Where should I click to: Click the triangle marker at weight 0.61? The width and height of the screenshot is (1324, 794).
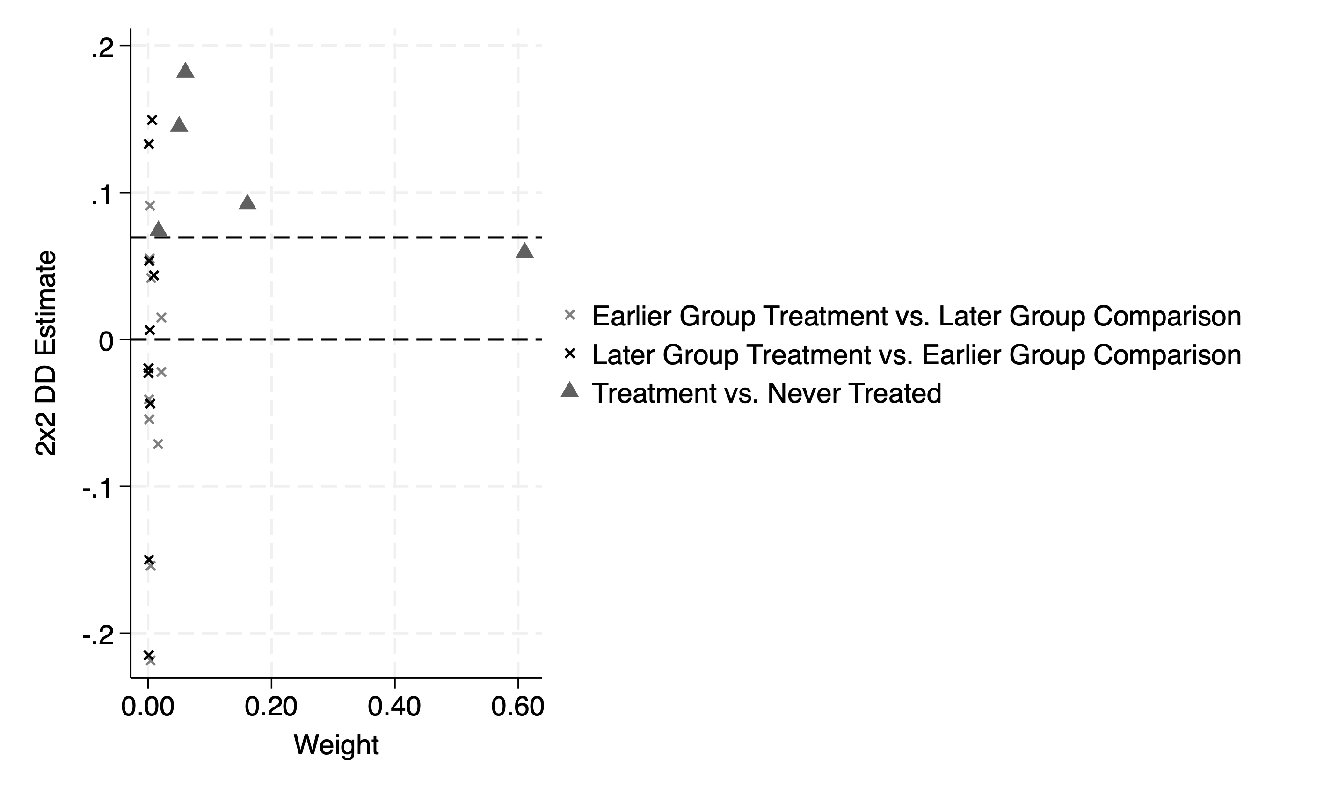click(x=524, y=250)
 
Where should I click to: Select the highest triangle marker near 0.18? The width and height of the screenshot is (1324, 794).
click(x=185, y=71)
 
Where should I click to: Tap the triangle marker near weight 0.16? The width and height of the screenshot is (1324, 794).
click(x=247, y=203)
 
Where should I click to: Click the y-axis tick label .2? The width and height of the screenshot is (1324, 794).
click(x=103, y=49)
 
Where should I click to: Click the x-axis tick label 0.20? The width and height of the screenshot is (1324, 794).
click(x=271, y=707)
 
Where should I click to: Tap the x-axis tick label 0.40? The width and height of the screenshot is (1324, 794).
click(x=394, y=707)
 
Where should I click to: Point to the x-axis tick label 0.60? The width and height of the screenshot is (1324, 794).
click(x=517, y=707)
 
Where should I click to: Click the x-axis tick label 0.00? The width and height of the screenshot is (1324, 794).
click(x=148, y=707)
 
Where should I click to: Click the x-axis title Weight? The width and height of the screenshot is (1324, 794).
click(x=336, y=745)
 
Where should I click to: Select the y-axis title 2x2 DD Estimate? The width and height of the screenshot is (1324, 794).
click(x=46, y=353)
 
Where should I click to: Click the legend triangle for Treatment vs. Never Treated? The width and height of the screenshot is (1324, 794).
click(x=570, y=390)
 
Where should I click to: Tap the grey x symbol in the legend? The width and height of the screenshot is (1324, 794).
click(x=570, y=315)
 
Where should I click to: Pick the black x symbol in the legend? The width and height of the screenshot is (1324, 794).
click(x=570, y=354)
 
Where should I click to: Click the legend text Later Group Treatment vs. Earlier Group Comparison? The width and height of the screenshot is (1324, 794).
click(x=916, y=355)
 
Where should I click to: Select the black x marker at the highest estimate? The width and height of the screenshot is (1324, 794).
click(x=152, y=120)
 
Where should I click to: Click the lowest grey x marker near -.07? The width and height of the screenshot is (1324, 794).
click(x=158, y=444)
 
